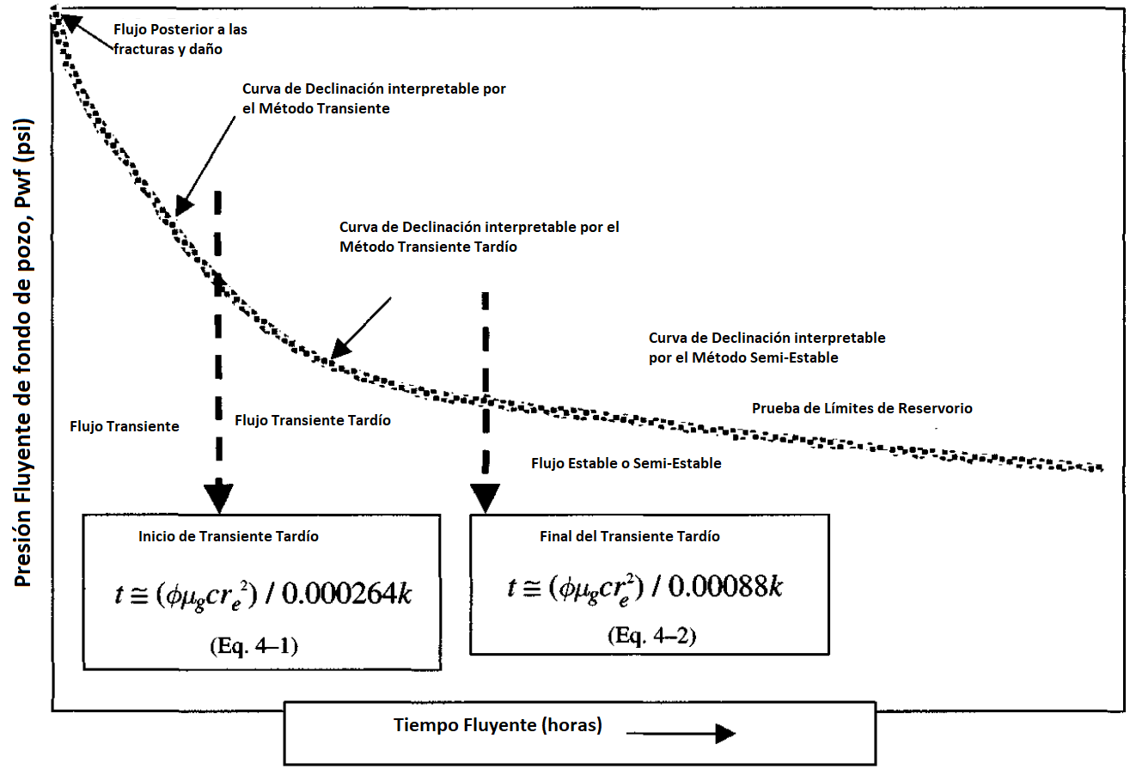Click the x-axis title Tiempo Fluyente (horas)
click(498, 725)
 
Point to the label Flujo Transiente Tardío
click(313, 420)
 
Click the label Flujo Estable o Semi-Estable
click(626, 463)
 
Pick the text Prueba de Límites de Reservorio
click(862, 408)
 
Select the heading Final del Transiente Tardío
click(630, 536)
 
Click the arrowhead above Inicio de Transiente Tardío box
click(218, 497)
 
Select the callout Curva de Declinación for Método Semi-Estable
click(767, 347)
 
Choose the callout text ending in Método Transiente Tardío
click(479, 236)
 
